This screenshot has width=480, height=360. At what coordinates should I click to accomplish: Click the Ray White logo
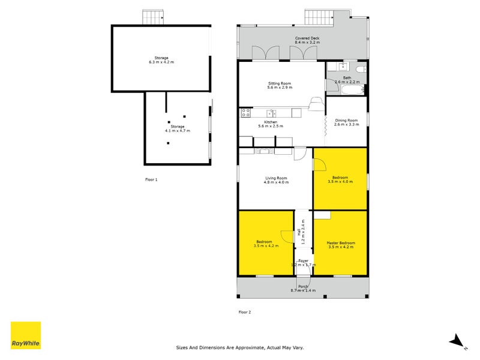(x=26, y=335)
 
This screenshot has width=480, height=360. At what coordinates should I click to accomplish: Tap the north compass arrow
(x=458, y=341)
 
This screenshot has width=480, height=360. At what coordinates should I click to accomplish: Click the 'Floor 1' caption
(x=151, y=179)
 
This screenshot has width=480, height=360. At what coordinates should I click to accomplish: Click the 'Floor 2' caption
(x=245, y=312)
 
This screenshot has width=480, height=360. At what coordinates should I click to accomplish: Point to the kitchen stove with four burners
(x=245, y=112)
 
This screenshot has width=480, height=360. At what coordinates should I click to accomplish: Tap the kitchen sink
(x=271, y=112)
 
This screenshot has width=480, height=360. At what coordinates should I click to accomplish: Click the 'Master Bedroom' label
(x=340, y=243)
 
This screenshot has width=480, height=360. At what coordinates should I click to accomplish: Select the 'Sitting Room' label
(x=279, y=83)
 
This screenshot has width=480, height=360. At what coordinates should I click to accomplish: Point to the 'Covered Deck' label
(x=307, y=38)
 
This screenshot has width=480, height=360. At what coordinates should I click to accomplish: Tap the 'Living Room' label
(x=276, y=178)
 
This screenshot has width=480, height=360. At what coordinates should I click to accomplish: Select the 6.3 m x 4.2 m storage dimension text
(x=161, y=62)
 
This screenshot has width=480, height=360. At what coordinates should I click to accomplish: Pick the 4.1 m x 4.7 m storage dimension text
(x=177, y=130)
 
